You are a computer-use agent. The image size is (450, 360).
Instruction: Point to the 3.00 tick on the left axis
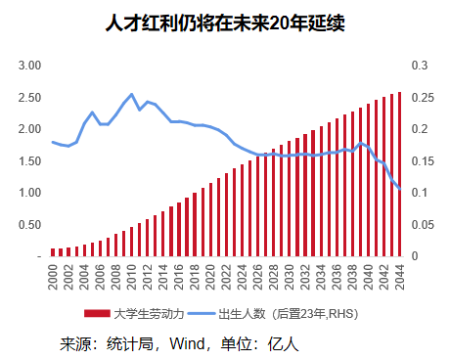28,66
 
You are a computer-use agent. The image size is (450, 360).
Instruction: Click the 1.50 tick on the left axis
28,161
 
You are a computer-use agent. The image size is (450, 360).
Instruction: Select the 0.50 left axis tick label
28,225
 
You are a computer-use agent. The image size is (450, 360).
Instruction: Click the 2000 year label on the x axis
54,278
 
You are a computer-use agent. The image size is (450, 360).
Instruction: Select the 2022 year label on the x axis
227,278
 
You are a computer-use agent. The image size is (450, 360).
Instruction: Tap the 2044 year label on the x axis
400,278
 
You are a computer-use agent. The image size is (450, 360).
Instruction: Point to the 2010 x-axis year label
132,278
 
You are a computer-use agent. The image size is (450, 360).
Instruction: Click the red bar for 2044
399,174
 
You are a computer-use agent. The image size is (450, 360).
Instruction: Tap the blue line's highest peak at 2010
132,94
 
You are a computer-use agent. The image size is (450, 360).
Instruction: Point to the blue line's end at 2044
400,189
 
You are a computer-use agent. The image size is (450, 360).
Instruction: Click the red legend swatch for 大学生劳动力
98,314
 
